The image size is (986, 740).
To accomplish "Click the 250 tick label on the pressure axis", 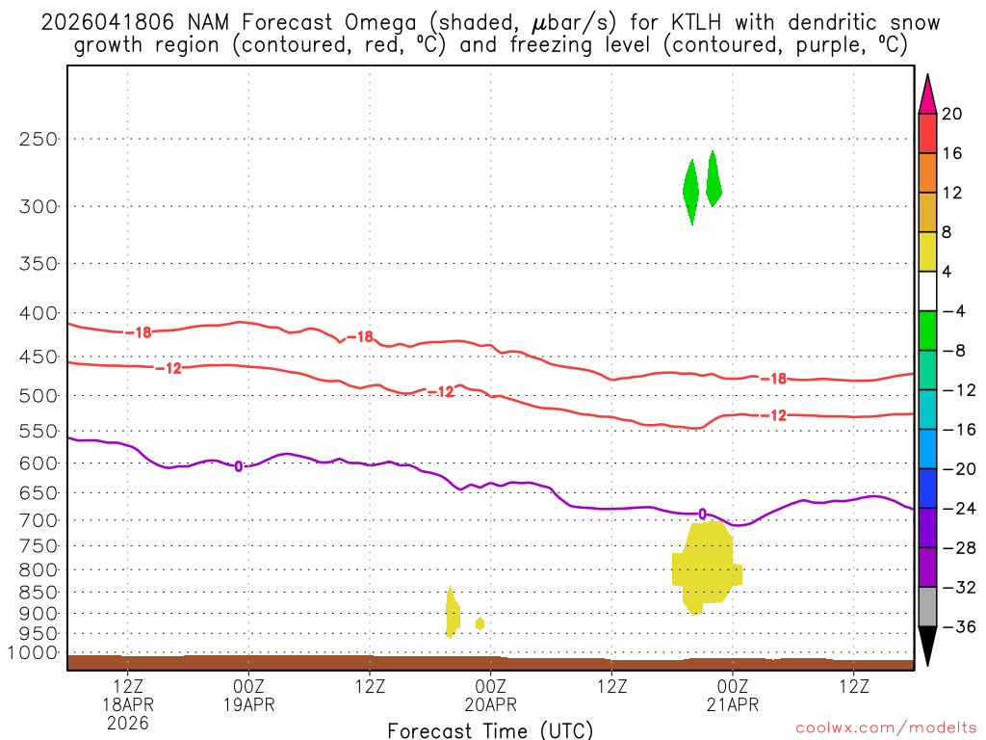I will [39, 139].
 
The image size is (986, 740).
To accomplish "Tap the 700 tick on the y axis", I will [39, 520].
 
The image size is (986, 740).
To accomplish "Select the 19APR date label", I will [249, 704].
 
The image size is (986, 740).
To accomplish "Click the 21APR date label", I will [733, 704].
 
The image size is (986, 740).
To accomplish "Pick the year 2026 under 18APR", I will [128, 723].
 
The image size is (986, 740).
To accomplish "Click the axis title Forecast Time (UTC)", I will [490, 729].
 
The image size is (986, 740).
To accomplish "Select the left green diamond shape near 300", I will [690, 191].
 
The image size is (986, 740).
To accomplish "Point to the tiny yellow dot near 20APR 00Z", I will [480, 623].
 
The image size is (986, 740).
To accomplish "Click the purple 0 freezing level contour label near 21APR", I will [702, 514].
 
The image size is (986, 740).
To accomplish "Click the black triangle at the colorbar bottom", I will [927, 646].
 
